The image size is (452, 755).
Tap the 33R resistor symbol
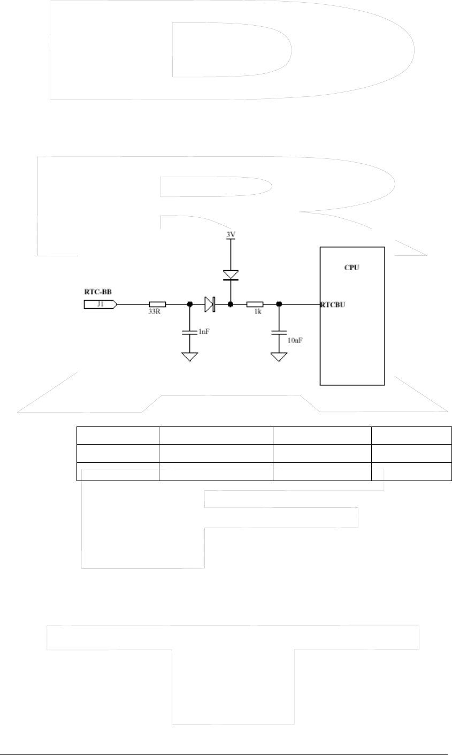point(157,304)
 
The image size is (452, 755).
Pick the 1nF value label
point(203,332)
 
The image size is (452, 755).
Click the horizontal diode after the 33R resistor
point(209,304)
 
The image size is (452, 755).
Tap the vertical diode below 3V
point(230,275)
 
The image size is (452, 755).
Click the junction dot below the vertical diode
point(230,304)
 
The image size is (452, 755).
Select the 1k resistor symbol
point(255,304)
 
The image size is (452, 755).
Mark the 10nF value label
point(295,340)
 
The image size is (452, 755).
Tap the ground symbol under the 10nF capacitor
point(279,356)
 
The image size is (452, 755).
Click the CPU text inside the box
point(351,267)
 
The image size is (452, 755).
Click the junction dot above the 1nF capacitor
point(189,304)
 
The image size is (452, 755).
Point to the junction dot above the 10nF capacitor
point(279,304)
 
